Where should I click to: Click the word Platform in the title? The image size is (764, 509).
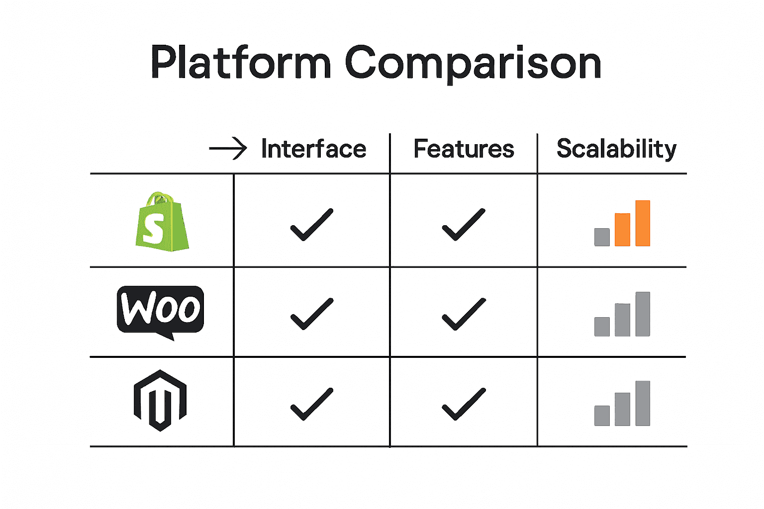click(x=241, y=63)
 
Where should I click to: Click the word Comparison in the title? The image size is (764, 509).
click(x=473, y=64)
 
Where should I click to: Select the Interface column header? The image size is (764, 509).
click(x=313, y=149)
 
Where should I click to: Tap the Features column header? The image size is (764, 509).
click(x=464, y=149)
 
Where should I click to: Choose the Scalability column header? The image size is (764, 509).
click(x=616, y=149)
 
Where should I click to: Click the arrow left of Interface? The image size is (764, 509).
click(x=228, y=149)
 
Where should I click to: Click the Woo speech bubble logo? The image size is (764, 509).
click(x=160, y=310)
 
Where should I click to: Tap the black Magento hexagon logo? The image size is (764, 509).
click(x=160, y=400)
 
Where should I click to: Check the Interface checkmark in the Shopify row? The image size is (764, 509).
click(x=311, y=225)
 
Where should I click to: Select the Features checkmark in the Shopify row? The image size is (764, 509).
click(x=463, y=225)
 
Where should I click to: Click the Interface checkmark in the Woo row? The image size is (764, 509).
click(x=311, y=314)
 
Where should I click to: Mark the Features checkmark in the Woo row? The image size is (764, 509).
click(x=463, y=314)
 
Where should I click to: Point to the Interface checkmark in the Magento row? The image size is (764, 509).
click(x=311, y=404)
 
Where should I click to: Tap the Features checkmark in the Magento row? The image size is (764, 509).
click(x=463, y=404)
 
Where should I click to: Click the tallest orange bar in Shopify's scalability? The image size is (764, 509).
click(x=643, y=223)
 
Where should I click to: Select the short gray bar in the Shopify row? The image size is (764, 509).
click(x=602, y=237)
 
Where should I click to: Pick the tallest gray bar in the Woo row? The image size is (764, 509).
click(x=643, y=314)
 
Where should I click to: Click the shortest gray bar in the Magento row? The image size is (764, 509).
click(x=602, y=416)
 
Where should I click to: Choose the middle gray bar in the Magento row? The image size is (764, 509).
click(x=622, y=409)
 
